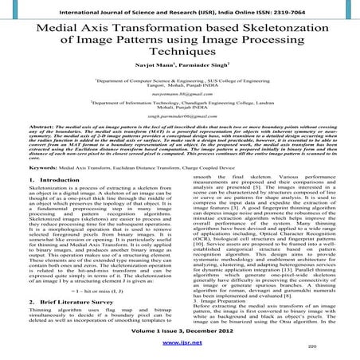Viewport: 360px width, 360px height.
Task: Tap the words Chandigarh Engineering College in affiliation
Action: coord(238,124)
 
